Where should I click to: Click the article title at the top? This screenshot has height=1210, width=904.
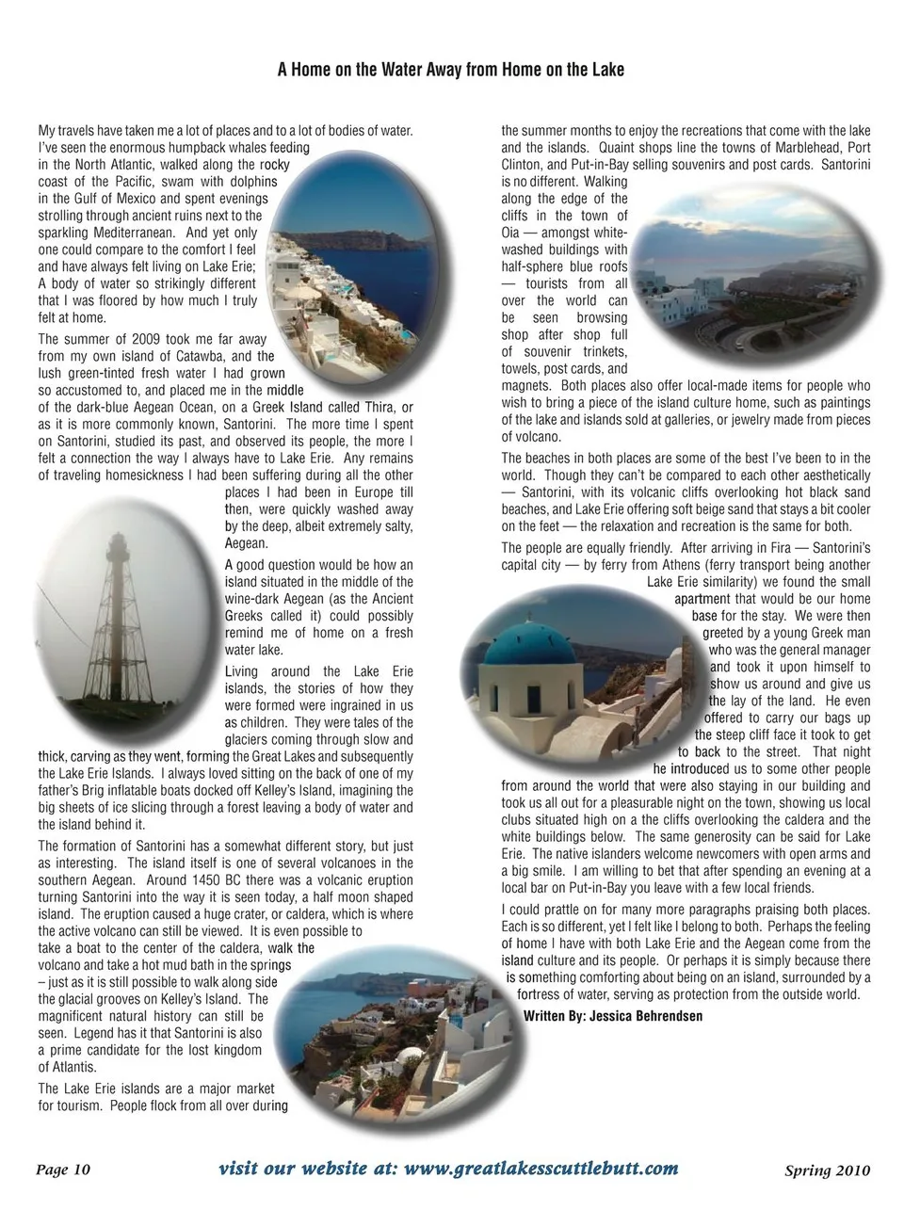451,70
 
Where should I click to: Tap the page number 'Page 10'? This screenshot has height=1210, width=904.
63,1170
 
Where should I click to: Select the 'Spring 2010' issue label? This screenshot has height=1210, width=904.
827,1170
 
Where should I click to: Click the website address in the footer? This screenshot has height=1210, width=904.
448,1169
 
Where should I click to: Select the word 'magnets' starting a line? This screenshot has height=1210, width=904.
525,385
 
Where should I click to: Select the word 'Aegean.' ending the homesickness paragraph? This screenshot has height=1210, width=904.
247,543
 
